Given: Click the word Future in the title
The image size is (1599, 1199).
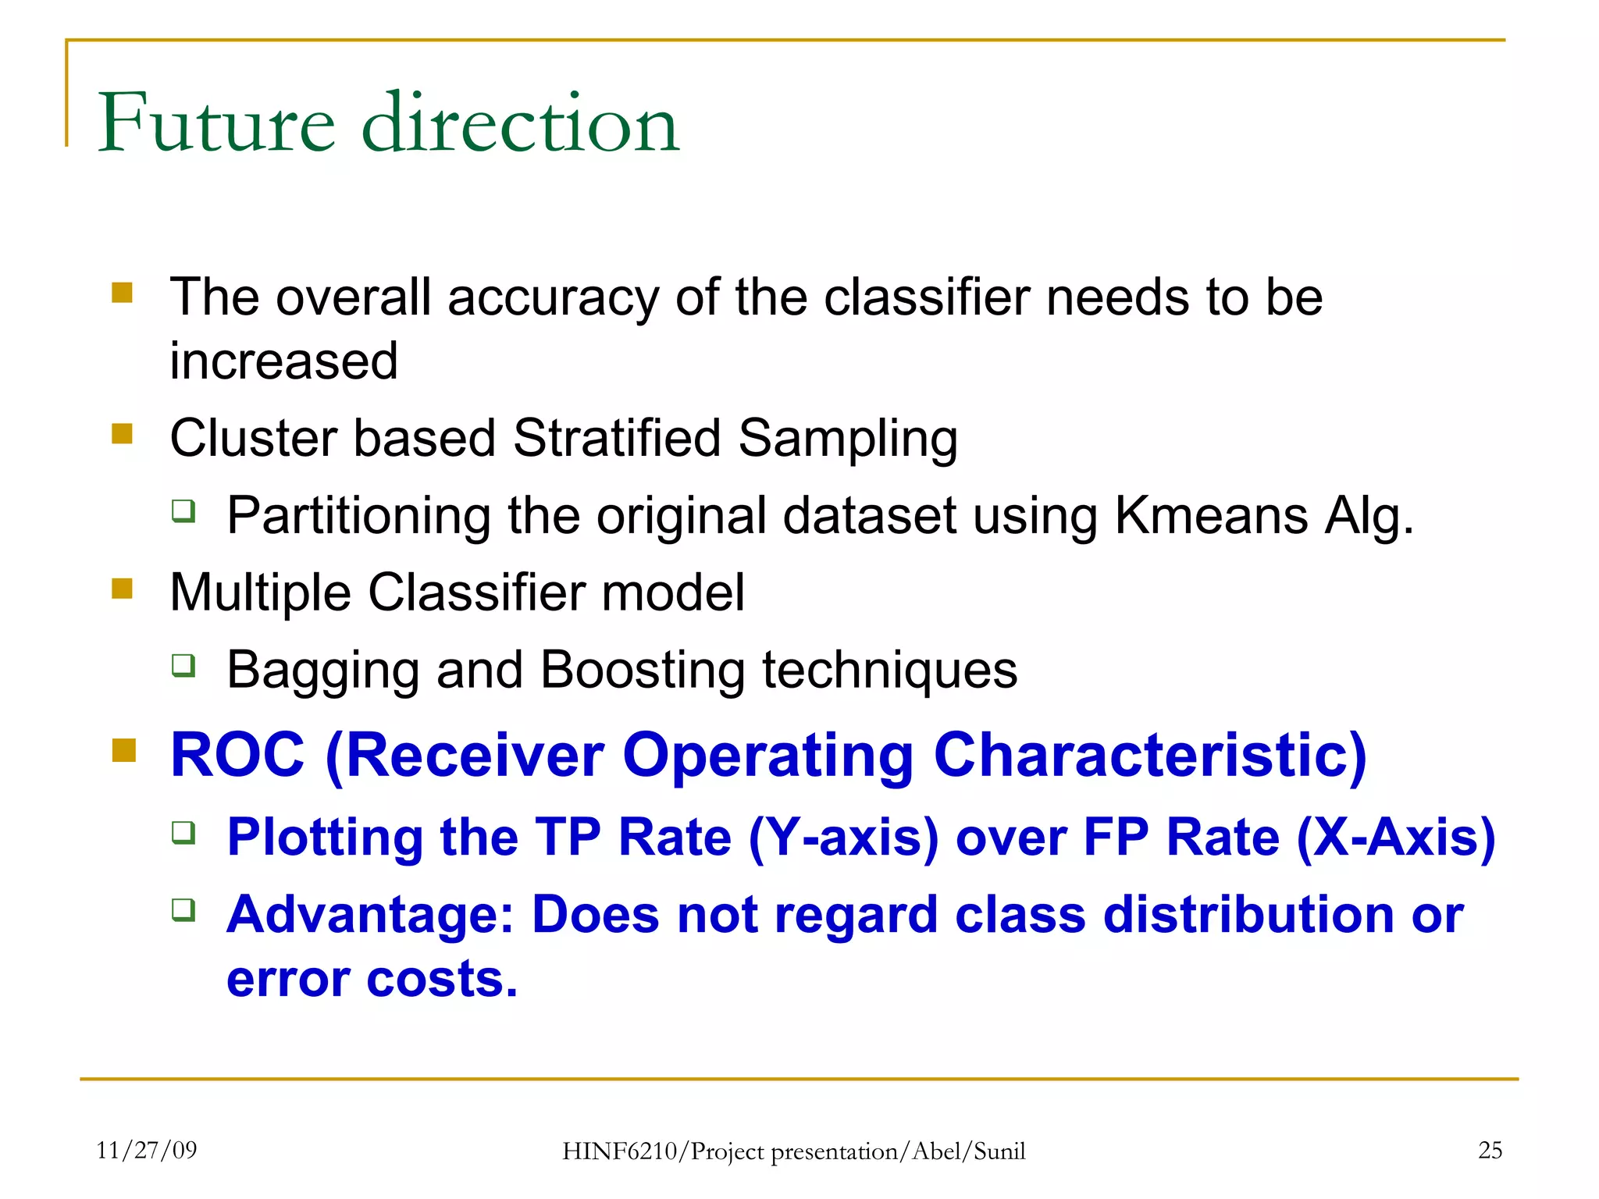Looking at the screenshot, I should (217, 123).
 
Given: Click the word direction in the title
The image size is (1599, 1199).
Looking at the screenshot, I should (521, 123).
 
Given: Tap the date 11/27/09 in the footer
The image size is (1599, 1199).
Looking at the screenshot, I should (146, 1150).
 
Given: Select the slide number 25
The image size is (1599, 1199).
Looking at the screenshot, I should (1490, 1150).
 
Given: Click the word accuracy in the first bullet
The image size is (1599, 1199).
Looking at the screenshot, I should (553, 298).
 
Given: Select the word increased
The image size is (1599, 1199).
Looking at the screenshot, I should (284, 361).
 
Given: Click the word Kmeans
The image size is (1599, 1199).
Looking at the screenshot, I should (1210, 516).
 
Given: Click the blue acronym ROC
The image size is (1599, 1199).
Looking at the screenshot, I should (237, 756).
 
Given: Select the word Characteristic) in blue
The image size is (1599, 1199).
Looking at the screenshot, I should (1149, 756).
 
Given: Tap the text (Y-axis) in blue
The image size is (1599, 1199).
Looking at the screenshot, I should (843, 838).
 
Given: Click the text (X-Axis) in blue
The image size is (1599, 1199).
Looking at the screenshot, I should (1396, 838).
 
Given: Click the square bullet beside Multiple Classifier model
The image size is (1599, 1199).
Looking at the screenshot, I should (123, 589).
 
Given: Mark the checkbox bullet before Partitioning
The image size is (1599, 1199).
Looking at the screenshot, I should (183, 511).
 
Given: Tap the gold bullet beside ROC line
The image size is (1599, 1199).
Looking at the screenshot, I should (123, 751).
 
